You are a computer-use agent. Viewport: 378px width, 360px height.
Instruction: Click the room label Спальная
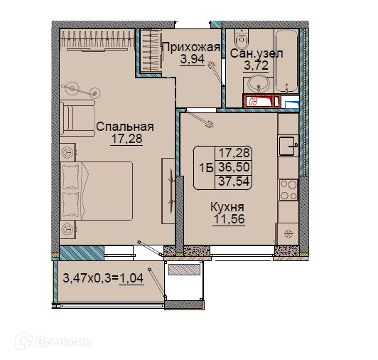(125, 127)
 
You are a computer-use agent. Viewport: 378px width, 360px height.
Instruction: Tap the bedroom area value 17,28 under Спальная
(126, 139)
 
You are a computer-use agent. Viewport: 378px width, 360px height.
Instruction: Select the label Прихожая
(192, 47)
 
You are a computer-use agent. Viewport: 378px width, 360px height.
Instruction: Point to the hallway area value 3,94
(193, 59)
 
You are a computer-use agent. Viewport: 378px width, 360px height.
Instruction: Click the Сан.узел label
(256, 53)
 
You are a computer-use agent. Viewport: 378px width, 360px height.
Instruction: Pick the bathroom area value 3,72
(256, 65)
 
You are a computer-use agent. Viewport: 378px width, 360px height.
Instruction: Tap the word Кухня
(227, 208)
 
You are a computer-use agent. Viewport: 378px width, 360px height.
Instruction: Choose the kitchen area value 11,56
(229, 219)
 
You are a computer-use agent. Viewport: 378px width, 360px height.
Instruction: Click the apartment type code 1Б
(206, 168)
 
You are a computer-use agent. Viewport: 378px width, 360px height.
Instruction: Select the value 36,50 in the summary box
(234, 167)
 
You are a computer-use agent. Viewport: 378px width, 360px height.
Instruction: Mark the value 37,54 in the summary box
(234, 181)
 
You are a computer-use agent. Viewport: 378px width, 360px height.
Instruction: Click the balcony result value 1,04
(131, 278)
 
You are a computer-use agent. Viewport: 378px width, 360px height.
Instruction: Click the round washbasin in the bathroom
(259, 84)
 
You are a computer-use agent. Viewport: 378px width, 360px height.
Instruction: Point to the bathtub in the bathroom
(286, 61)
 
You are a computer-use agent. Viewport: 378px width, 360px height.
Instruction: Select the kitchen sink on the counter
(288, 147)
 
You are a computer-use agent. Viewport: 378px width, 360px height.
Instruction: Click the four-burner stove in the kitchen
(288, 190)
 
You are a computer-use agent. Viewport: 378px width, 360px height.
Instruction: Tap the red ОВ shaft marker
(261, 101)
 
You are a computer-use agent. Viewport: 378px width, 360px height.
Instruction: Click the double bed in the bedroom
(97, 191)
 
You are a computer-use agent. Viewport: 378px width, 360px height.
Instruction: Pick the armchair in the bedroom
(77, 117)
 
